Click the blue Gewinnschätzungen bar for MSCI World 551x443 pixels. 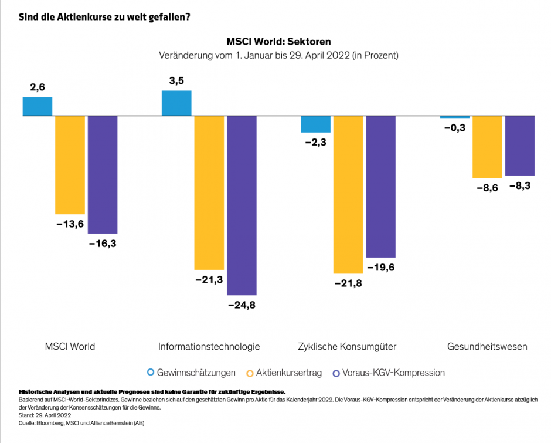click(38, 106)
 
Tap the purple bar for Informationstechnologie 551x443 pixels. click(242, 205)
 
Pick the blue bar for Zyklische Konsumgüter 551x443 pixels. click(315, 124)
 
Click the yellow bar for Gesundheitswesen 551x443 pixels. click(487, 147)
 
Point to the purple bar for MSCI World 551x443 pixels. click(103, 174)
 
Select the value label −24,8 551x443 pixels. click(242, 305)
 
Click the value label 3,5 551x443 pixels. click(176, 81)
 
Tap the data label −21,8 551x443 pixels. click(348, 284)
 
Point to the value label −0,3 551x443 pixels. click(454, 127)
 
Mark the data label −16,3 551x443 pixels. click(103, 243)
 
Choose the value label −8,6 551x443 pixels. click(487, 188)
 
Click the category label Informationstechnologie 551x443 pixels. click(209, 347)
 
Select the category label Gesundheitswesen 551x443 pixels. click(487, 347)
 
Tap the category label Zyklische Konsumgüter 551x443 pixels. click(347, 347)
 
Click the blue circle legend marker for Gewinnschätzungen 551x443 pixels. click(151, 373)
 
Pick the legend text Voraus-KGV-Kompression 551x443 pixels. click(394, 373)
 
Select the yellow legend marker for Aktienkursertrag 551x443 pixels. click(250, 373)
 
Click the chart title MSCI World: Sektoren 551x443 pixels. click(278, 42)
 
